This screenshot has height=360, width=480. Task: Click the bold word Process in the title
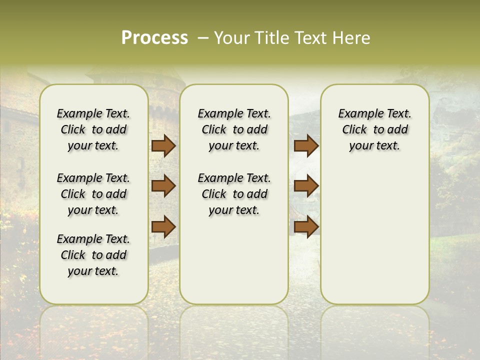(154, 38)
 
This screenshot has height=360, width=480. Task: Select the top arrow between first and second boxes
(163, 146)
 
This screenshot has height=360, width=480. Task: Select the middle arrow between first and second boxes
(163, 186)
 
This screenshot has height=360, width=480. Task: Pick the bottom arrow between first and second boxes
(163, 226)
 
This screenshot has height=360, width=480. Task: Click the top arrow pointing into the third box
(306, 146)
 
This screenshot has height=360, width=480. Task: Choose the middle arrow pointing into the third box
(306, 186)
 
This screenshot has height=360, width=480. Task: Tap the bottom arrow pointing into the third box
(306, 226)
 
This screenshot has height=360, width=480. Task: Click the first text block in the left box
(93, 129)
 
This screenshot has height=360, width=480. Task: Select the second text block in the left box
(93, 194)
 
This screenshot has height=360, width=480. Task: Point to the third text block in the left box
(93, 255)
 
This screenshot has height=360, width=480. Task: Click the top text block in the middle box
(234, 129)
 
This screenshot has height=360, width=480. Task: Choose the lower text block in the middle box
(234, 194)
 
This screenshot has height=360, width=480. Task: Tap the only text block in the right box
(374, 129)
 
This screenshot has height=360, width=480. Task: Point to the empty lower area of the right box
(374, 235)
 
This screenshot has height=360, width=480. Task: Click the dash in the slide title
(203, 38)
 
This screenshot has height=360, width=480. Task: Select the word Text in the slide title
(311, 38)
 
